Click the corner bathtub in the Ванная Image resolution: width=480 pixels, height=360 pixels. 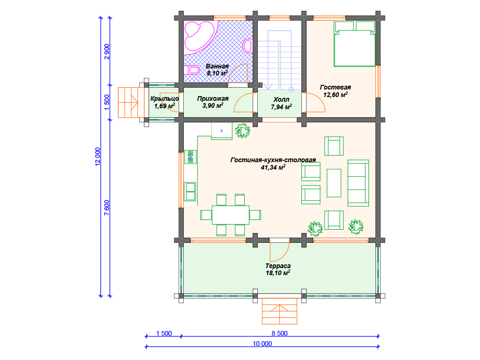point(199,37)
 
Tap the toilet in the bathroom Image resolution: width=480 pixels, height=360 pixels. point(192,70)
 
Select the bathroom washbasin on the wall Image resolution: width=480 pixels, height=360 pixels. point(247,46)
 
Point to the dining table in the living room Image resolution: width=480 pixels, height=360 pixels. point(231,215)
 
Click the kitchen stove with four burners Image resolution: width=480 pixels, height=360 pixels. point(190,157)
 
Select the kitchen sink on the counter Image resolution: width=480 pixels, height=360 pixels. point(190,191)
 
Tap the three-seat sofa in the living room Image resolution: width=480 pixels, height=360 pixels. point(358,183)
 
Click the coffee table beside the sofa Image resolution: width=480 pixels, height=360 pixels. point(334,183)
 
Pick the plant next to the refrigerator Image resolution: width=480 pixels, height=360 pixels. point(242,131)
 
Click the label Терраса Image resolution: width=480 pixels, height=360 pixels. point(278,266)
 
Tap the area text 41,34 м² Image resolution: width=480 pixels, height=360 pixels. point(273,167)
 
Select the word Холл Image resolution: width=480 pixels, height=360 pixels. point(281,99)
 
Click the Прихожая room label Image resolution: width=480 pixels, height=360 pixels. point(213,98)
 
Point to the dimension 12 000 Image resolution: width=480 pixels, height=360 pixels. point(97,157)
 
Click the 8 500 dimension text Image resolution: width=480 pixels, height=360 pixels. point(279,333)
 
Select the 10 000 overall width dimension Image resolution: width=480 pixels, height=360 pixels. point(262,344)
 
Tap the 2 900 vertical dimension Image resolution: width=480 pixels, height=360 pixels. point(107,52)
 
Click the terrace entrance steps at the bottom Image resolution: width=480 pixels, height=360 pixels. point(279,311)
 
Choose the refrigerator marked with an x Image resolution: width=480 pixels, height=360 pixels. point(222,131)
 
